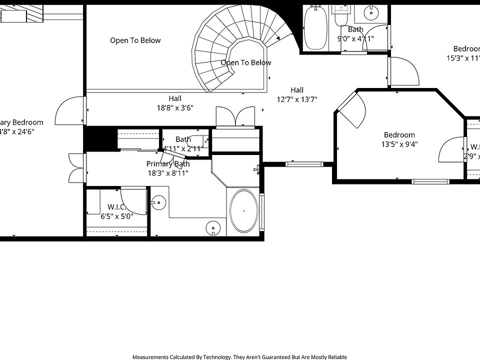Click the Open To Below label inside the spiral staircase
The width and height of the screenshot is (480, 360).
246,62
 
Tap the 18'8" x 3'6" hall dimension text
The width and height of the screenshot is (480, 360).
175,107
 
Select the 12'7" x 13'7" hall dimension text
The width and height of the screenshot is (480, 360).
297,99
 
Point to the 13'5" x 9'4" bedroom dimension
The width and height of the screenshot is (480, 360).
399,144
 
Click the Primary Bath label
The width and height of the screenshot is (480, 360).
168,164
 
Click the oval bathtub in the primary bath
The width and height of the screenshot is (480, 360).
243,211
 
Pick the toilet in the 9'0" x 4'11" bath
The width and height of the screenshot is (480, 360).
342,17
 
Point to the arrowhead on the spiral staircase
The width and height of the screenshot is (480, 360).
278,38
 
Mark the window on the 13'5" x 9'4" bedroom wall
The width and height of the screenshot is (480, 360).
430,181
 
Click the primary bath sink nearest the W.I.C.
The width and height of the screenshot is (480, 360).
158,202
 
